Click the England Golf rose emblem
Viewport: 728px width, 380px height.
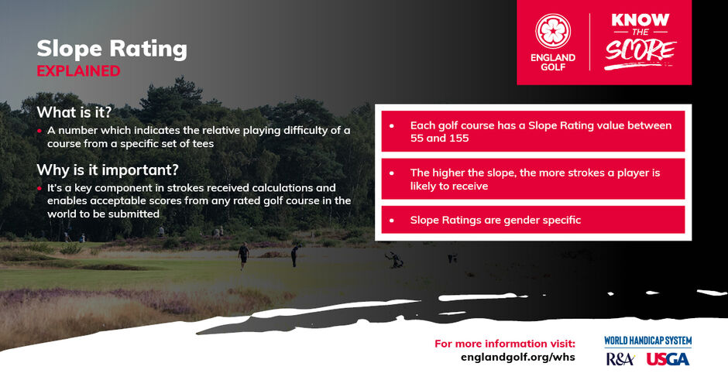pos(553,31)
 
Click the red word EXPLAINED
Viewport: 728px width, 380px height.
pos(78,71)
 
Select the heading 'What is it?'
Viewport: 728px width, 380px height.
pos(74,112)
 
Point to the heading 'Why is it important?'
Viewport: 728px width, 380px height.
pos(107,169)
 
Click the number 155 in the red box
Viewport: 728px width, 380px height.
pos(459,139)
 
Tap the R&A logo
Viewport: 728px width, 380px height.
pos(620,359)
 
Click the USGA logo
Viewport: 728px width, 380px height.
pos(668,359)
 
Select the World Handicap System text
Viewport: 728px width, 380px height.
pos(647,341)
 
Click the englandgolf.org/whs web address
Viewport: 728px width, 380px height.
pos(517,357)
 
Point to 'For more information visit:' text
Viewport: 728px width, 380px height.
pos(505,344)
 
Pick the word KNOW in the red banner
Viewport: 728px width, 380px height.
pos(640,20)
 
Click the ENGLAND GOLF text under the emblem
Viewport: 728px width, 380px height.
pos(553,62)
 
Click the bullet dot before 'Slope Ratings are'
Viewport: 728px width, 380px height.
pos(392,221)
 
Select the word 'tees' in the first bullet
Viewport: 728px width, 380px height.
pos(203,144)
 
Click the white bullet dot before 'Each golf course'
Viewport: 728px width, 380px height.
pos(392,125)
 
